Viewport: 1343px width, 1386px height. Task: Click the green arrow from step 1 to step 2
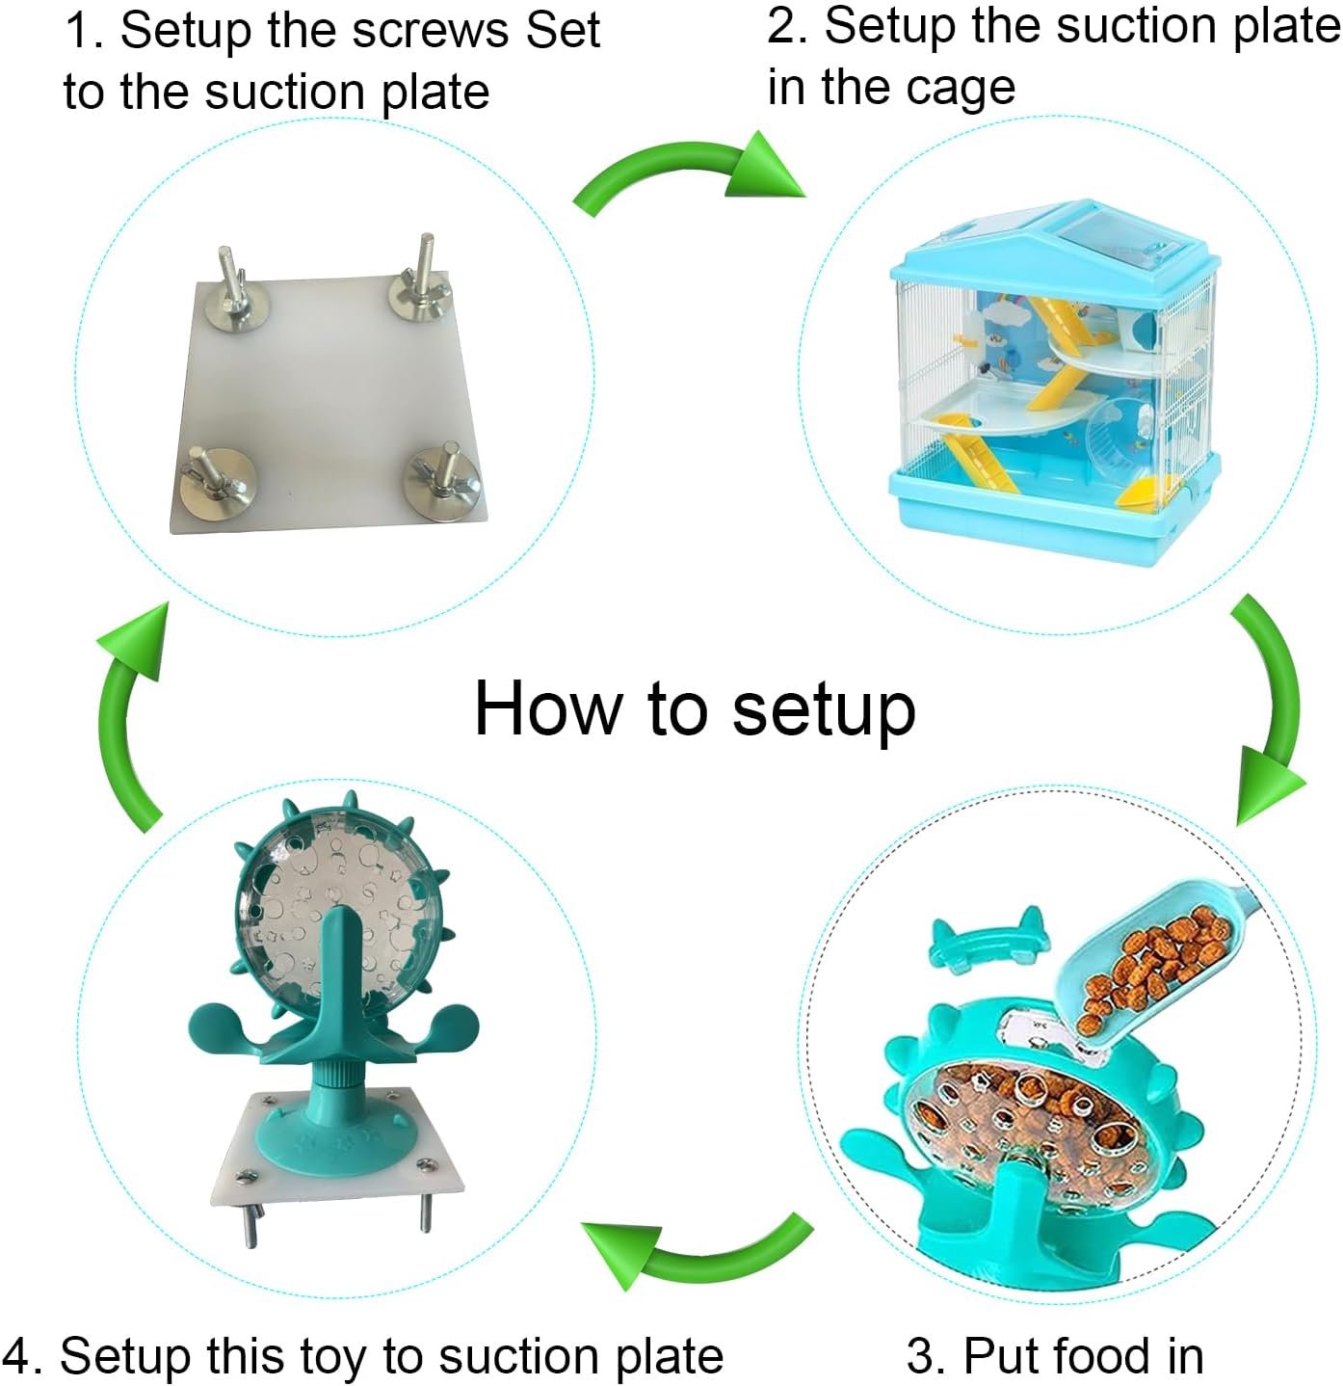688,173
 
